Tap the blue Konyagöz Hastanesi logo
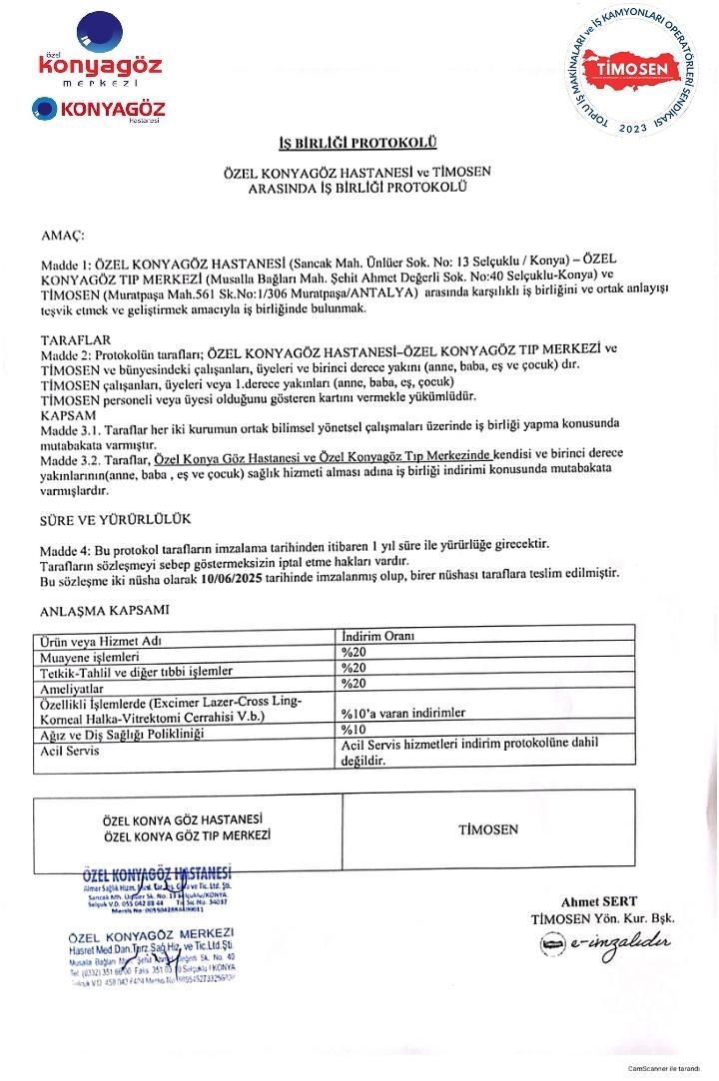(98, 110)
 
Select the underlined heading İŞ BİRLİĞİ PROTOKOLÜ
(358, 143)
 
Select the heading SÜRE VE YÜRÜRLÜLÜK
(115, 521)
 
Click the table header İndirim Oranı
(378, 635)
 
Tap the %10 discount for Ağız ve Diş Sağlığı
(355, 731)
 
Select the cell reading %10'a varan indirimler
(402, 714)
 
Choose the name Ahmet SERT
(598, 902)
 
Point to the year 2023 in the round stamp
(633, 129)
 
